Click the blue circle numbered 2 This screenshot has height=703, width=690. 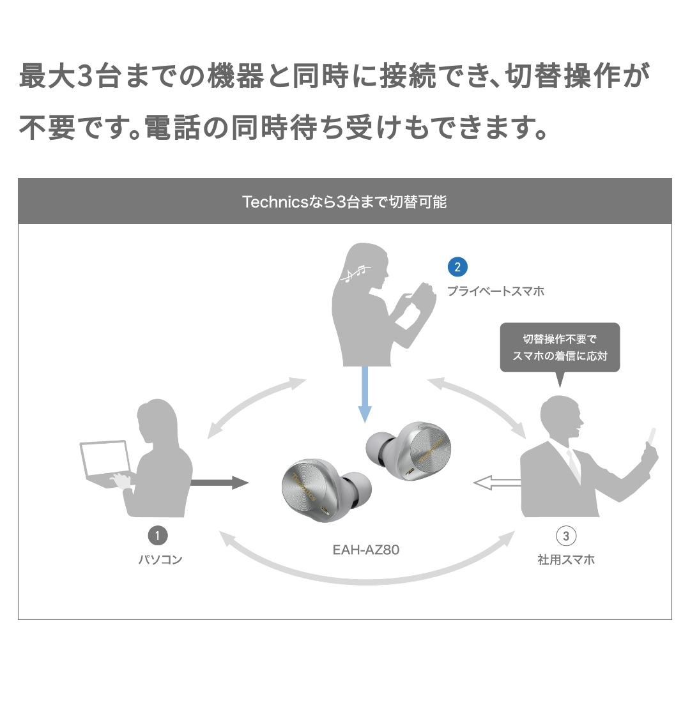click(457, 267)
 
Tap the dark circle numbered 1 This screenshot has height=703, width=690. click(158, 534)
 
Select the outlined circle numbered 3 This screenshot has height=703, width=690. click(566, 535)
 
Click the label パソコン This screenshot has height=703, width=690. click(160, 560)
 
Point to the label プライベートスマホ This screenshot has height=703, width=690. click(496, 292)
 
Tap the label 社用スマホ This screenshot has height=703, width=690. click(566, 560)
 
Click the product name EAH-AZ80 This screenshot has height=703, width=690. click(366, 549)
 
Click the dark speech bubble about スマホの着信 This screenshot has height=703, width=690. click(560, 347)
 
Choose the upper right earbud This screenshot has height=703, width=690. click(413, 451)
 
